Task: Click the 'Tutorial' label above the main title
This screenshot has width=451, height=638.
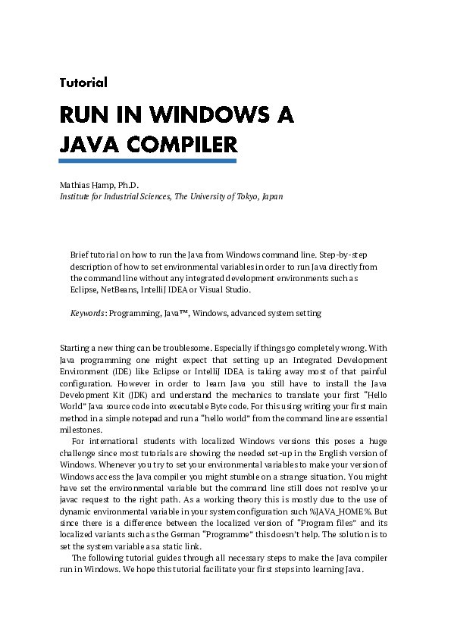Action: pos(83,83)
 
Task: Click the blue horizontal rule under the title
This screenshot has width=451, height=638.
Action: pos(148,161)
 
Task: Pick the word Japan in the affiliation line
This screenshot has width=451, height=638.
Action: pos(271,195)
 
